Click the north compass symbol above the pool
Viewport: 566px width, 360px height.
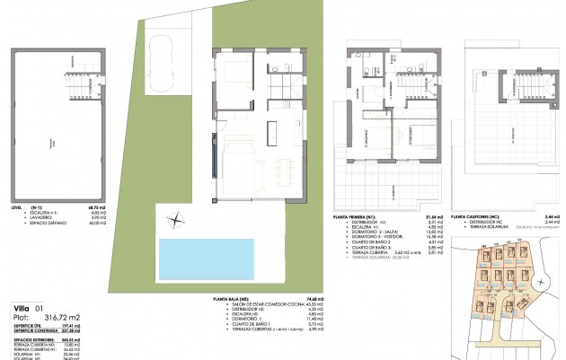point(176,215)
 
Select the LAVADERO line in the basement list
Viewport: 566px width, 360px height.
point(32,225)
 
